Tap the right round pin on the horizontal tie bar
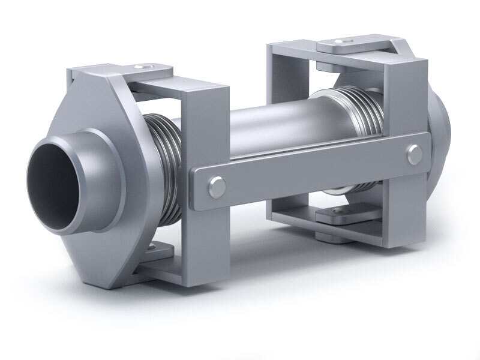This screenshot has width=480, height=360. (414, 154)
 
